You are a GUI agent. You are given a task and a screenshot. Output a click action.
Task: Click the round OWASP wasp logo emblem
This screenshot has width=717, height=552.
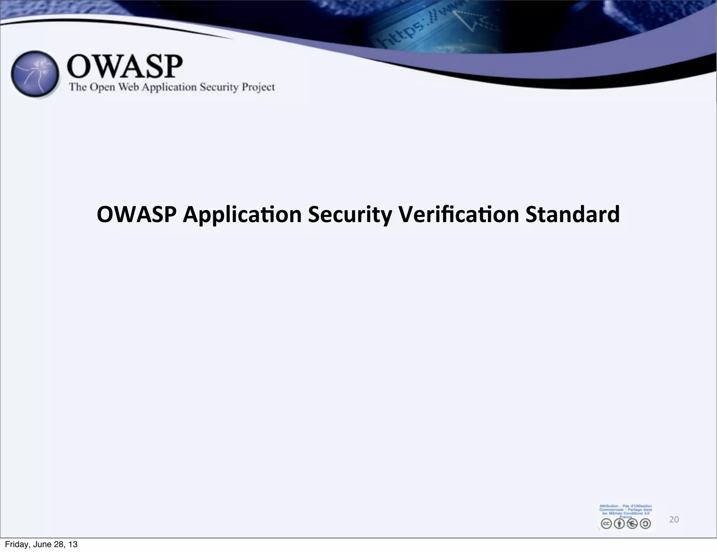tap(35, 74)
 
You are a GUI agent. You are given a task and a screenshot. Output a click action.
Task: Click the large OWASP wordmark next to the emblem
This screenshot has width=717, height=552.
tap(124, 67)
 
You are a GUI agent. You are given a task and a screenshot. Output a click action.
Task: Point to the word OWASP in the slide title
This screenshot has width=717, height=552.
tap(137, 214)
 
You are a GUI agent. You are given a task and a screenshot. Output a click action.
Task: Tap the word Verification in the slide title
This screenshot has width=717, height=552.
tap(459, 214)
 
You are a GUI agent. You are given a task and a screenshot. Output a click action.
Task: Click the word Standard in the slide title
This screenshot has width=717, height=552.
tap(572, 214)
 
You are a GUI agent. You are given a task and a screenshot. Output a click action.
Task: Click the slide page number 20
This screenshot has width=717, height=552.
tap(674, 519)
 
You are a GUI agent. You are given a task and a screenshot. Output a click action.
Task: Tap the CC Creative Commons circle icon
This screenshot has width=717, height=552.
tap(606, 523)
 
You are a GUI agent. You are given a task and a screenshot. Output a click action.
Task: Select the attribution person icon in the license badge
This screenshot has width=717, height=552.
tap(619, 523)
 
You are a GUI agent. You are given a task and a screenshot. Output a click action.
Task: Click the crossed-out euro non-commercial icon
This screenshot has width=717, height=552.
tap(632, 523)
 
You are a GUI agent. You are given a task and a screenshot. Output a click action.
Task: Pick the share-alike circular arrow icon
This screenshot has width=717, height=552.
tap(645, 523)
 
